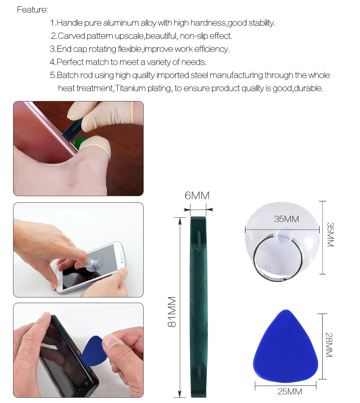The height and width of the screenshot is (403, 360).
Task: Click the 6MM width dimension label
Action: coord(197,196)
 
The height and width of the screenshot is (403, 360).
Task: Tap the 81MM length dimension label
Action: coord(172,312)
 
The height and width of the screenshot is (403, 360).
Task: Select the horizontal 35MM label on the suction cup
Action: coord(287,219)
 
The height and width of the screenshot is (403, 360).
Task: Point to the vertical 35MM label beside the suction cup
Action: coord(330,234)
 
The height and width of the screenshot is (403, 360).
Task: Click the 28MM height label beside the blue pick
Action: coord(329,345)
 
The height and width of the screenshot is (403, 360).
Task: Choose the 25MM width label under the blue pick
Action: coord(290,392)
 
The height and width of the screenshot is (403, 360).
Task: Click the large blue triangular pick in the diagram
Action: coord(285,347)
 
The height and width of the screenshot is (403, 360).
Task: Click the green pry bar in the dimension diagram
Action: coord(198,307)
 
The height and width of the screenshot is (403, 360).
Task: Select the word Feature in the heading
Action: coord(32,10)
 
